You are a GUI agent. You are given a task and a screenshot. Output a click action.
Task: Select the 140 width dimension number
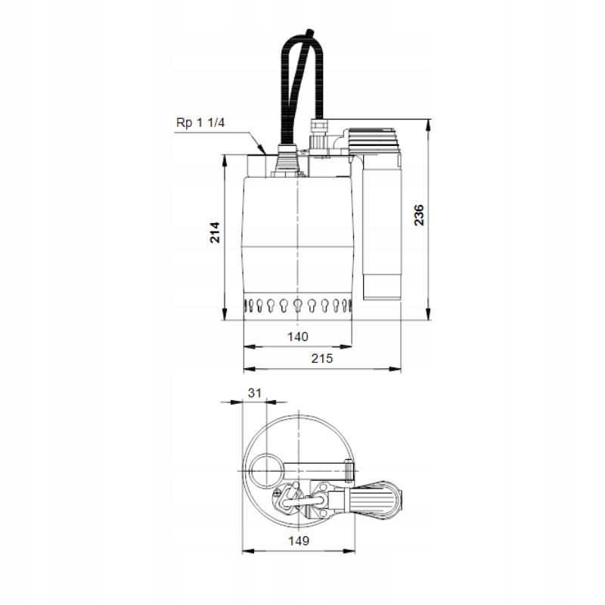pos(298,337)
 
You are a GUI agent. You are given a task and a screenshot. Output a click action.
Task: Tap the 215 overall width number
pos(322,359)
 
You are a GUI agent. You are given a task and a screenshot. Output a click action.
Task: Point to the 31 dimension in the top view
pos(255,392)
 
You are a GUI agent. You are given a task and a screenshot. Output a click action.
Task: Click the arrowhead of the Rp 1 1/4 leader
pos(260,149)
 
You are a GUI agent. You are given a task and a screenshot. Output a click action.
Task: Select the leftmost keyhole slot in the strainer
pos(249,306)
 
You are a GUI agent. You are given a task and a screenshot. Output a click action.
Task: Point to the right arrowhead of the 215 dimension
pos(398,371)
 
